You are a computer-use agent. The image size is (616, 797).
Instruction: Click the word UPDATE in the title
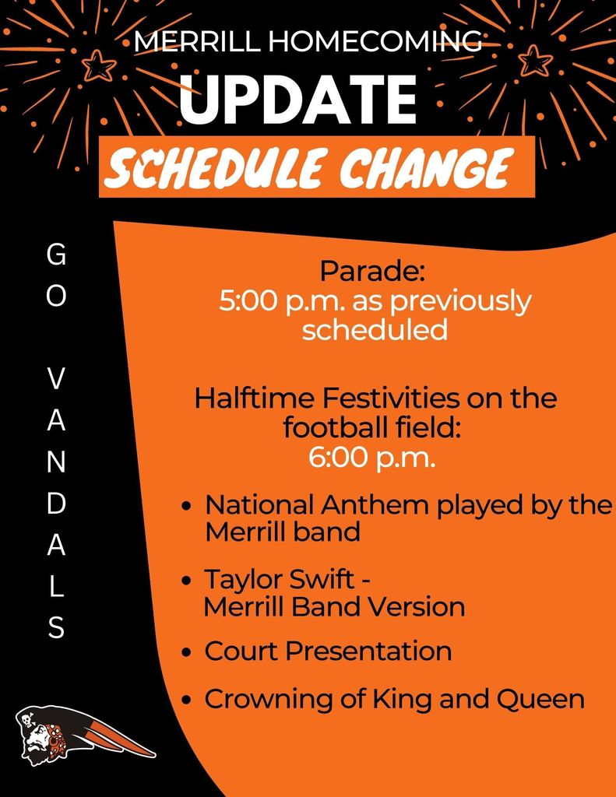(x=298, y=98)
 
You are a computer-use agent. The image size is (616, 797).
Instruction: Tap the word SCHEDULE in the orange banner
(x=213, y=167)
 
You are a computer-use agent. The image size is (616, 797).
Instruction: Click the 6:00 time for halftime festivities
(x=338, y=458)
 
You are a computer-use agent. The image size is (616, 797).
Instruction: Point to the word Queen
(x=540, y=699)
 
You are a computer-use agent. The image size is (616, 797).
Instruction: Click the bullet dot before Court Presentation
(x=188, y=652)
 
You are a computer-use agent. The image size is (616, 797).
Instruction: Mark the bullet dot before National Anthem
(x=188, y=506)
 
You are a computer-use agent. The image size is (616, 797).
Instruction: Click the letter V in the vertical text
(x=57, y=378)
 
